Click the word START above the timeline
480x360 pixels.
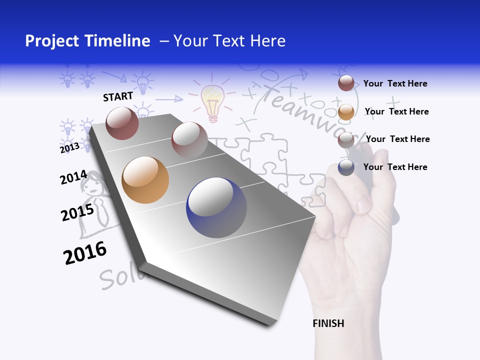point(118,96)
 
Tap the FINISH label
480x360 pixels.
point(328,323)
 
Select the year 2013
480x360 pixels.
point(69,147)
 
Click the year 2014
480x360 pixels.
point(73,177)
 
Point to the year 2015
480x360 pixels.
point(77,212)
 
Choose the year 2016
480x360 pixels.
point(85,253)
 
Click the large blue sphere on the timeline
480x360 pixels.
point(216,207)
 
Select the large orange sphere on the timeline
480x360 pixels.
point(145,180)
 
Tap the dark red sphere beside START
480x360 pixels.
point(122,123)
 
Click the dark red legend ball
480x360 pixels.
point(346,83)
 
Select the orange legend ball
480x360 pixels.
point(346,112)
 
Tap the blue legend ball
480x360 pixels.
point(346,167)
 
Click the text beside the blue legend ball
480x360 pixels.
point(395,167)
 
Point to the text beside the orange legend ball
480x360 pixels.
point(396,111)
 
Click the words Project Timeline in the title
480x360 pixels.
point(87,41)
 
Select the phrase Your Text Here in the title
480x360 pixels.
point(229,41)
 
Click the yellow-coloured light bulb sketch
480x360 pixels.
point(213,102)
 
